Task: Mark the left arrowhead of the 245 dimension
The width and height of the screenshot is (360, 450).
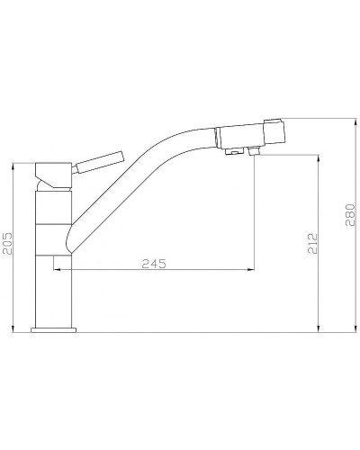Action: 58,269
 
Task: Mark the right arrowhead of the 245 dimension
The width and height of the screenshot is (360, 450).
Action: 251,269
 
